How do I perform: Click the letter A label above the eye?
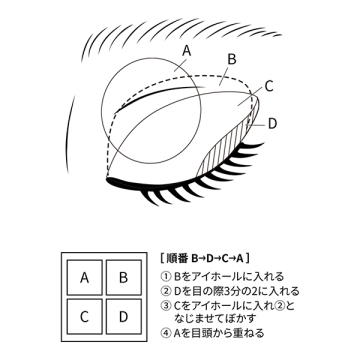187,49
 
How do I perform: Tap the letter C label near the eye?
269,86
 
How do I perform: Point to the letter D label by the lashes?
272,123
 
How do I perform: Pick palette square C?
86,316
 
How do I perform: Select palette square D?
123,316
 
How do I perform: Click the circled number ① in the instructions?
166,276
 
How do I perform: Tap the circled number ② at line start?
166,291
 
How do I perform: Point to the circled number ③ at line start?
166,306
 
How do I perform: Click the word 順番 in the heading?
178,258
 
